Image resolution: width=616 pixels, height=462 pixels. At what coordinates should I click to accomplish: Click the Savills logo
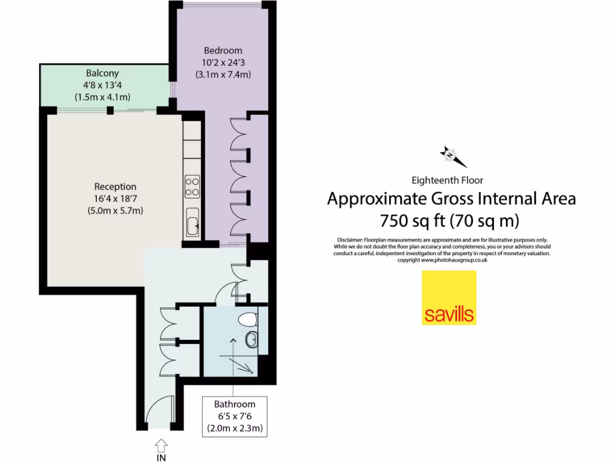449,298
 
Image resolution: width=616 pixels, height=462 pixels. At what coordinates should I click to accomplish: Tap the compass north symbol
450,155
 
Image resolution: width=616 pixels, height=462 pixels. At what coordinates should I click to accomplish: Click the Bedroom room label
223,51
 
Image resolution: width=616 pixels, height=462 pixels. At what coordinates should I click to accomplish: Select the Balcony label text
102,73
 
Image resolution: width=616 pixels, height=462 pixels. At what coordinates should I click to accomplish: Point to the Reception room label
115,186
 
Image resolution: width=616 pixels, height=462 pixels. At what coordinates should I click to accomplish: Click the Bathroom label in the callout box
235,404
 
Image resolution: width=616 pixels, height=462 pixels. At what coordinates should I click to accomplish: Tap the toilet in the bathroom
248,319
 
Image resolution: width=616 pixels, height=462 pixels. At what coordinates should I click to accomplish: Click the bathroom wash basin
252,340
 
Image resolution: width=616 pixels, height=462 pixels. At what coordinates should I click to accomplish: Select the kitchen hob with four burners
192,186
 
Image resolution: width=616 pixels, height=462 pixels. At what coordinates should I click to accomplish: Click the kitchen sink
192,225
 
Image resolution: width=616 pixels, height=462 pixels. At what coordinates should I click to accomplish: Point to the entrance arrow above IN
161,445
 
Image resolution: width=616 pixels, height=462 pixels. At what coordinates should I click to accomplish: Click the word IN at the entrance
161,458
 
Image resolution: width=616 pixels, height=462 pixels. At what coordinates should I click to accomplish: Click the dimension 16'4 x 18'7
115,199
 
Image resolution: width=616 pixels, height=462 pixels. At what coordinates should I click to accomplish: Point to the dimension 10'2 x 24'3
223,63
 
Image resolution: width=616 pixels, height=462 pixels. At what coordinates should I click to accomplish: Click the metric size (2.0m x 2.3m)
235,428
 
